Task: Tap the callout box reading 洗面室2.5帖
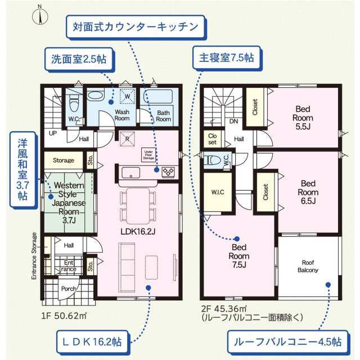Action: (x=79, y=57)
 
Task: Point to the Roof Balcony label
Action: (x=308, y=266)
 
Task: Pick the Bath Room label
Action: (x=163, y=115)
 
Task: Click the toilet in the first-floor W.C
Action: (x=73, y=102)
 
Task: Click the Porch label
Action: (x=69, y=289)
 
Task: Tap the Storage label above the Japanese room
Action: (x=64, y=160)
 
